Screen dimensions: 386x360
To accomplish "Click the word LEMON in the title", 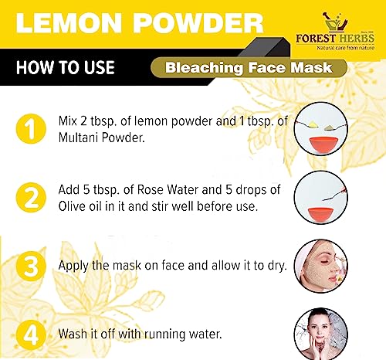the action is (x=69, y=22).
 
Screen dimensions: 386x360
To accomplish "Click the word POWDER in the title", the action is (x=198, y=22).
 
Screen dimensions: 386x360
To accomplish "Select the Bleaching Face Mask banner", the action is (x=249, y=68).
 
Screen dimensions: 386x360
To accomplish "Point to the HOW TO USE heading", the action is (x=66, y=67).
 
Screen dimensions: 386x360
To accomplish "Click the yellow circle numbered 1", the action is (x=31, y=128).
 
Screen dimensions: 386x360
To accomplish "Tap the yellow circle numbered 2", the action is (x=31, y=198).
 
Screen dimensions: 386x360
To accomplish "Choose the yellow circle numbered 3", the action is (x=31, y=266).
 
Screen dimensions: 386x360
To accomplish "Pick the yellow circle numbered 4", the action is (x=31, y=335).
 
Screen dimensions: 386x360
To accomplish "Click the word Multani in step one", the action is (x=78, y=138).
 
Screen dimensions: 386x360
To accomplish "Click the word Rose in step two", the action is (x=151, y=190).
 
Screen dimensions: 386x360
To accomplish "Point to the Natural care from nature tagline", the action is (x=346, y=48).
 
